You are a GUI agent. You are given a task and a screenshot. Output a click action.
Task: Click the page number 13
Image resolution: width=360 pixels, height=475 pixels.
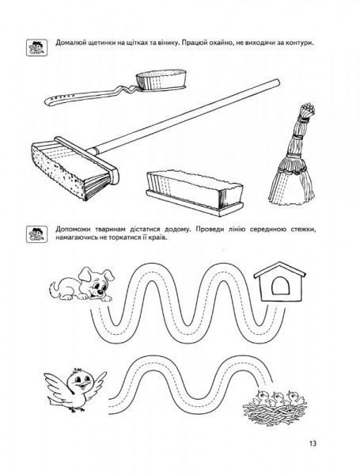pyautogui.click(x=313, y=443)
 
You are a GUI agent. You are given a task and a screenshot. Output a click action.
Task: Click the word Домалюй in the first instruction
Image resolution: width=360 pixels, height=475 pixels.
pyautogui.click(x=69, y=43)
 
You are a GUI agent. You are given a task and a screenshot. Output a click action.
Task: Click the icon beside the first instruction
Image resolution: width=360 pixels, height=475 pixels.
pyautogui.click(x=36, y=47)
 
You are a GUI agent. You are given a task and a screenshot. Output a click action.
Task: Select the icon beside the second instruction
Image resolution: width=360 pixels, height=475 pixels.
pyautogui.click(x=36, y=234)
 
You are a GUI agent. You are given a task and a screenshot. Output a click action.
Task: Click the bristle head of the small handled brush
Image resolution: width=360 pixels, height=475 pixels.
pyautogui.click(x=161, y=79)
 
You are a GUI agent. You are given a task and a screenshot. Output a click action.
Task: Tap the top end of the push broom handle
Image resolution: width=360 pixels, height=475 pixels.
pyautogui.click(x=277, y=82)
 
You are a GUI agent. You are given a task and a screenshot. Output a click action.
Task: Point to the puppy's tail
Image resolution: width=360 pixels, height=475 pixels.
pyautogui.click(x=55, y=287)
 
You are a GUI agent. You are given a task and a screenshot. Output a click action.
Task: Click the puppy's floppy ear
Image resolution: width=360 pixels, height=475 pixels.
pyautogui.click(x=85, y=275)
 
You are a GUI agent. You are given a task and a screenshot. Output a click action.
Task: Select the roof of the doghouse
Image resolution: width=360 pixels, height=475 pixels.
pyautogui.click(x=279, y=271)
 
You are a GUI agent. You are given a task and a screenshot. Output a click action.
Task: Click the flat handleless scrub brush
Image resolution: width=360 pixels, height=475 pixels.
pyautogui.click(x=195, y=193)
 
